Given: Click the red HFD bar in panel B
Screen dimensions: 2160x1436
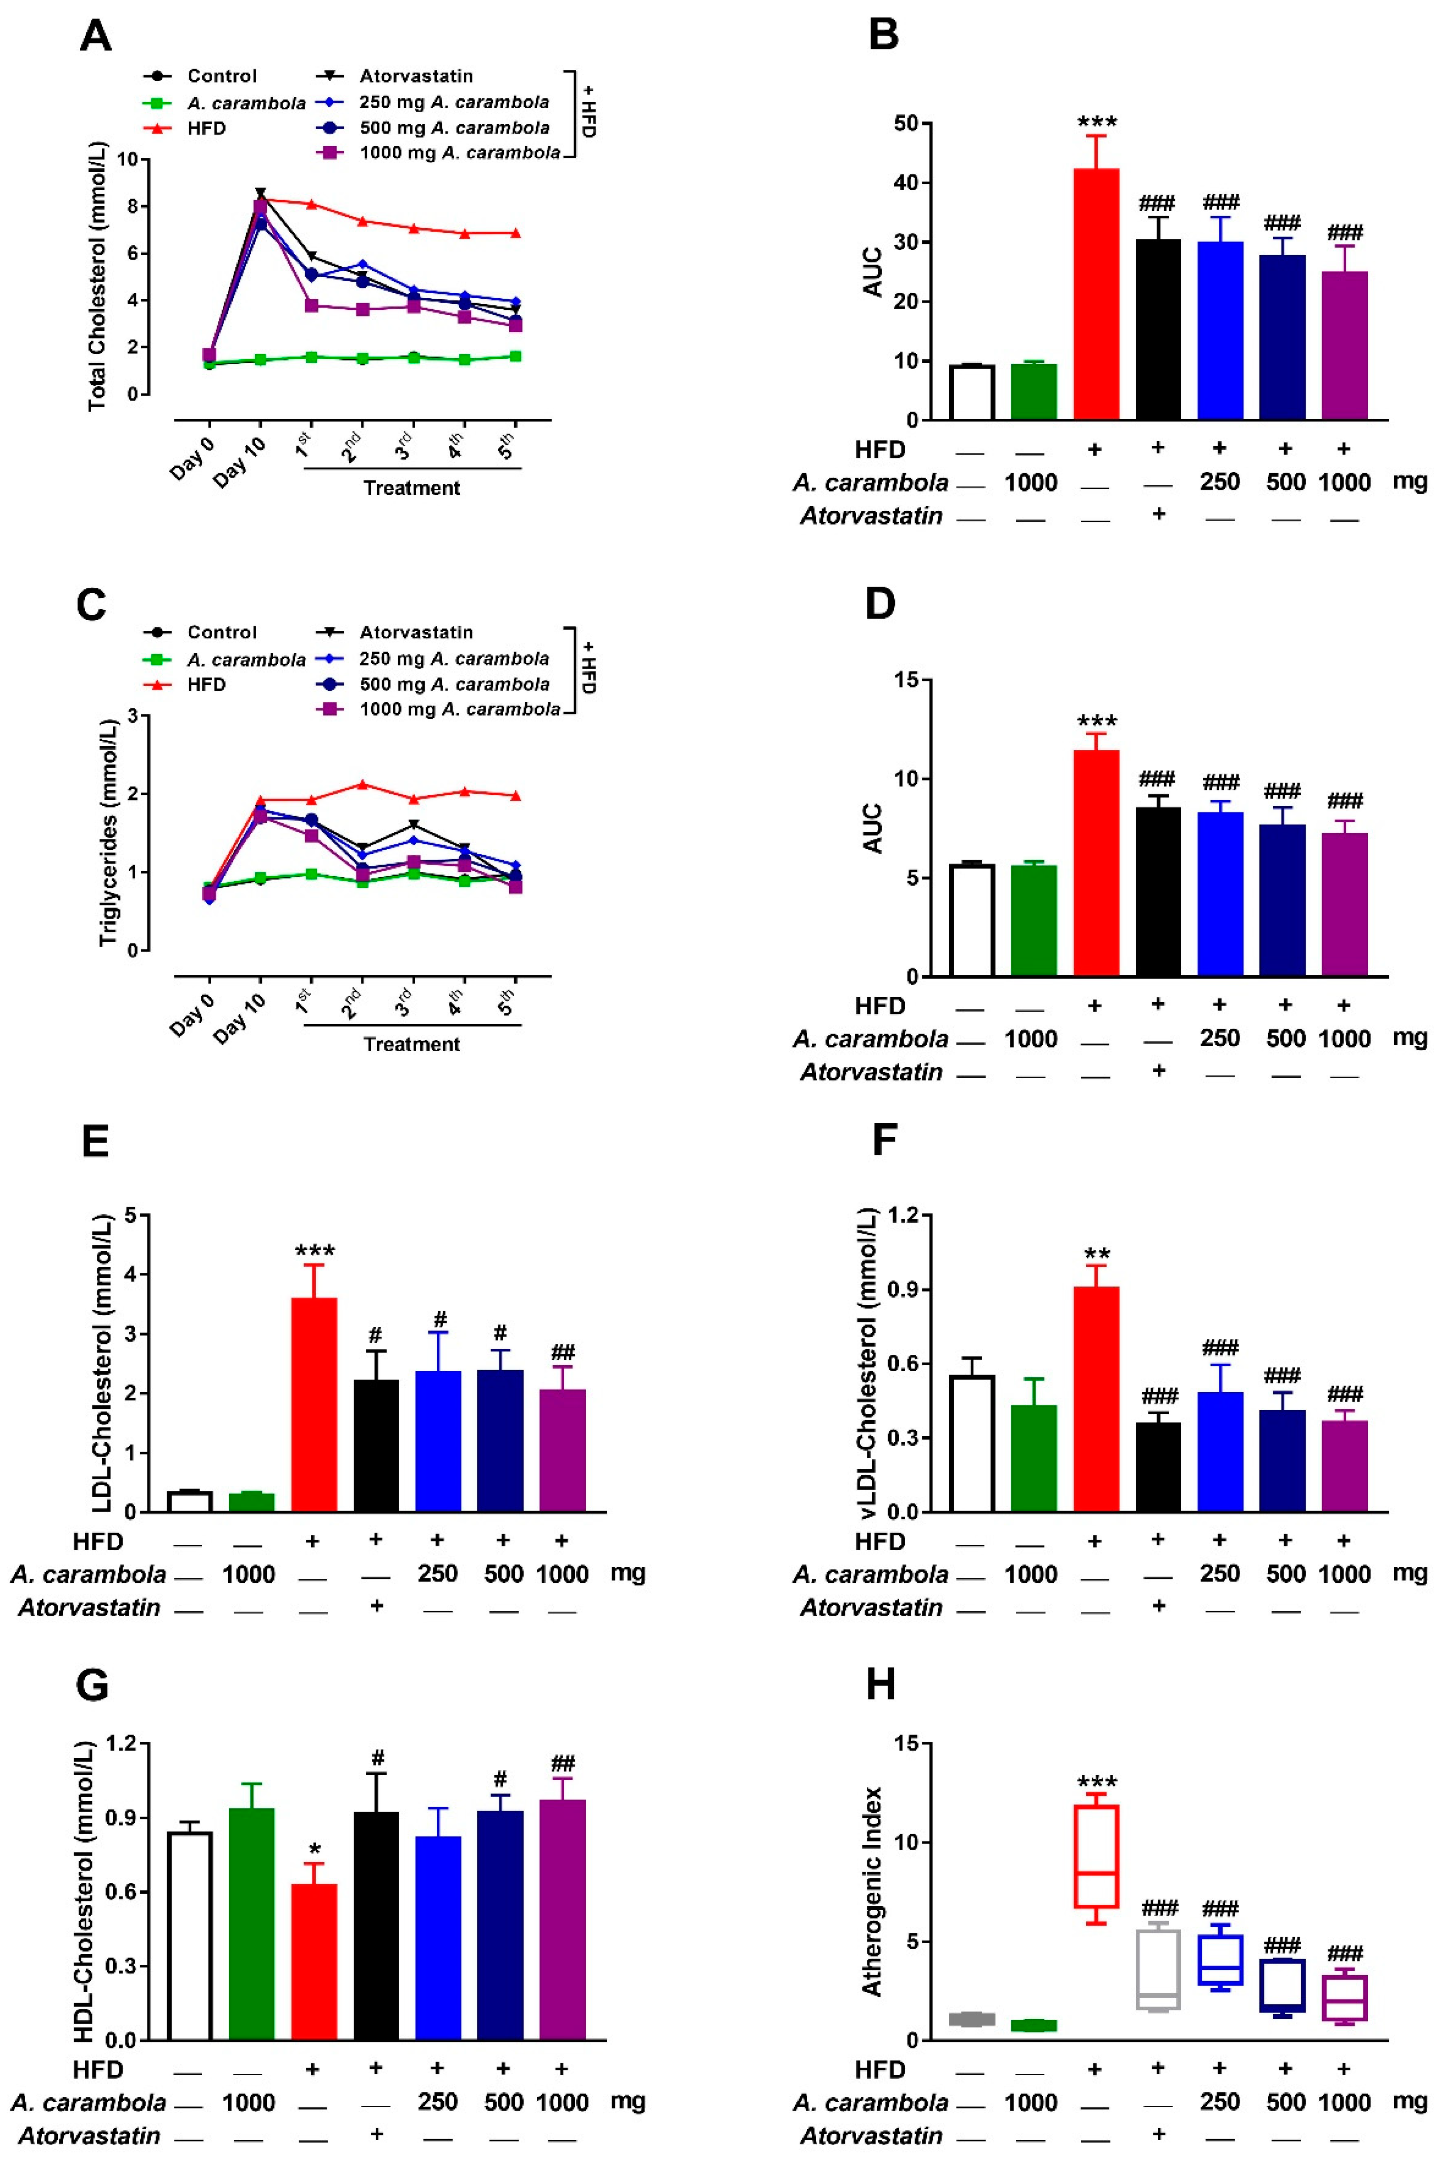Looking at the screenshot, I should [1096, 293].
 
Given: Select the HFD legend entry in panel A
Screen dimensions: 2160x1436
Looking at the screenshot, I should [206, 128].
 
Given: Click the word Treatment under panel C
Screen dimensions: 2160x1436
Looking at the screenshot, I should [411, 1044].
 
